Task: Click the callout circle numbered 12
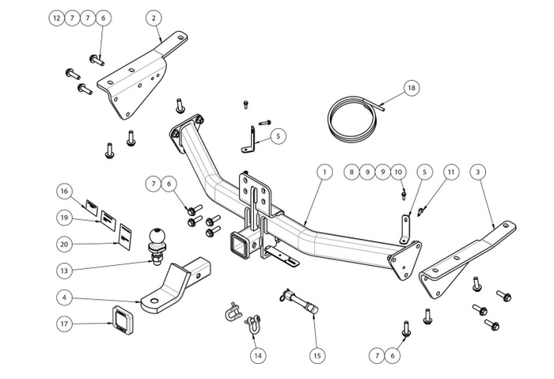56,17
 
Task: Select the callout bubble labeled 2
153,17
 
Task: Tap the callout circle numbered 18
410,88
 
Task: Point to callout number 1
323,171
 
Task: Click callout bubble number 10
397,171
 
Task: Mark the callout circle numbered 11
450,171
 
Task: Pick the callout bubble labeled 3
476,171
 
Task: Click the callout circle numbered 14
256,356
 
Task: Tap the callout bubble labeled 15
317,356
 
